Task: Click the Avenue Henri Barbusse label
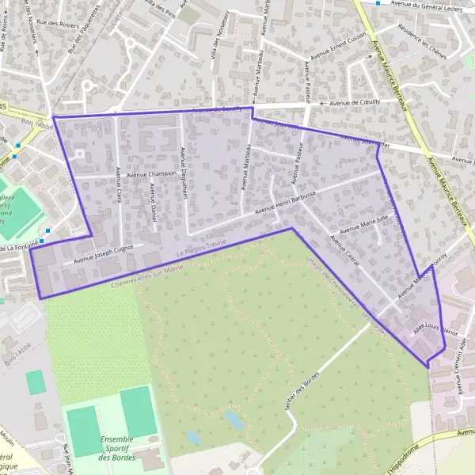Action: click(x=286, y=203)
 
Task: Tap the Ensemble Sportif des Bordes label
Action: click(x=118, y=448)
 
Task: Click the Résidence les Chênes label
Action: click(x=424, y=40)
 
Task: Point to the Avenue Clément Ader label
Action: click(x=462, y=360)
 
